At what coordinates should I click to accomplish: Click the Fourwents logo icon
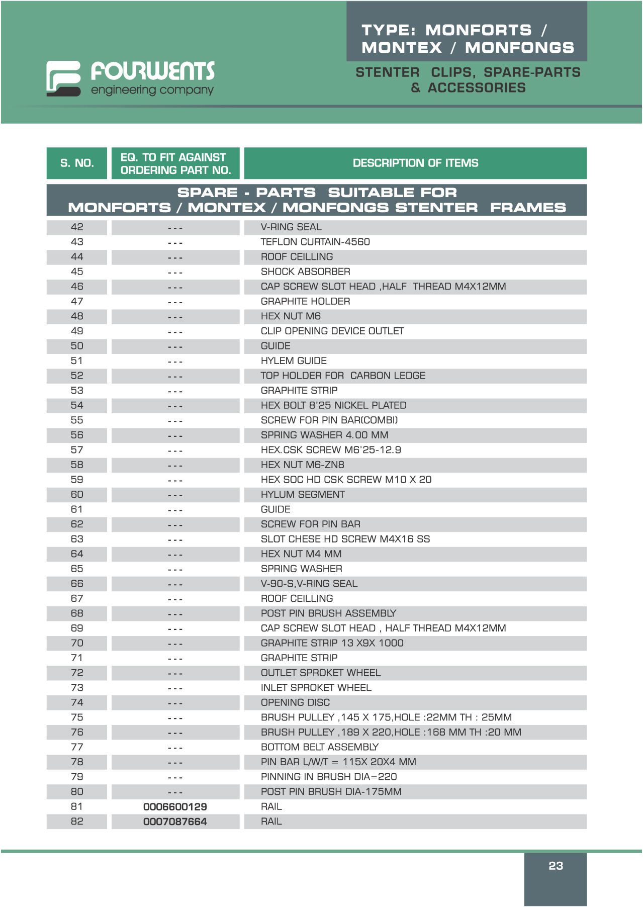pos(63,78)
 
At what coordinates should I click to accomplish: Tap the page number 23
pos(556,866)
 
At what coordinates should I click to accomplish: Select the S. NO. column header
pos(77,163)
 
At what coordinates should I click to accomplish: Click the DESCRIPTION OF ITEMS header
pos(415,163)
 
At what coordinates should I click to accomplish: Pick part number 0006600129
pos(175,806)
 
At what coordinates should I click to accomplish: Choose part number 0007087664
pos(175,822)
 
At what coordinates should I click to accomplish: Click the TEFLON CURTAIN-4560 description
pos(315,242)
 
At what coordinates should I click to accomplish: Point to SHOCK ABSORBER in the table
pos(305,271)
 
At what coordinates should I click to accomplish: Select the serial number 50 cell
pos(77,346)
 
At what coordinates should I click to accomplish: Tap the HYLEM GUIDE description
pos(294,360)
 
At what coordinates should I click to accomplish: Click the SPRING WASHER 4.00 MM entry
pos(324,435)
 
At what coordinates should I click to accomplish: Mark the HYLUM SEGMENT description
pos(303,494)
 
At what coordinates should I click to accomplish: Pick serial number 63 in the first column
pos(77,539)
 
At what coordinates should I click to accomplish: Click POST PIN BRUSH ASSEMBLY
pos(328,613)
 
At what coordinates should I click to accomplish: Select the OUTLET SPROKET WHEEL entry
pos(321,673)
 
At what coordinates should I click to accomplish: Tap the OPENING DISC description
pos(295,702)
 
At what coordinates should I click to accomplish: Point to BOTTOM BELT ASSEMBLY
pos(320,747)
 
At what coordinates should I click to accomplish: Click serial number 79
pos(77,777)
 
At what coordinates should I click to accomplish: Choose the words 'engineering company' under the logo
pos(152,90)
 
